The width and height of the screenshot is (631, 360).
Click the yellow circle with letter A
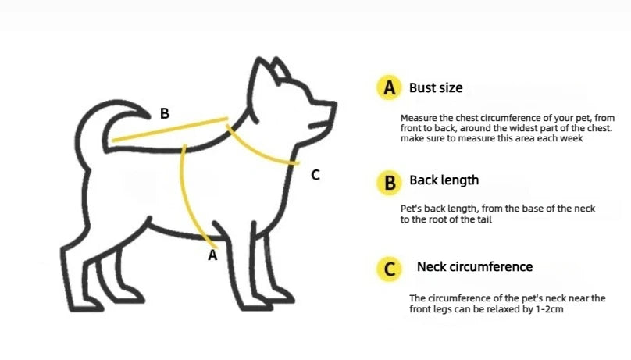(x=389, y=87)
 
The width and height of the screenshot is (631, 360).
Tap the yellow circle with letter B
(x=389, y=183)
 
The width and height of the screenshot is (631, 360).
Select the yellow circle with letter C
(x=389, y=269)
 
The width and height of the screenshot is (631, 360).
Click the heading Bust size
(x=436, y=87)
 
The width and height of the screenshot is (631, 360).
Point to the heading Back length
(x=444, y=180)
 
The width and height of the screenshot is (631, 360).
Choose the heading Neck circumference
(x=475, y=267)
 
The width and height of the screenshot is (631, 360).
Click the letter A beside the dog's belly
(x=212, y=255)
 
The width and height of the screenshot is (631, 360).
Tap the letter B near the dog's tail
(x=165, y=113)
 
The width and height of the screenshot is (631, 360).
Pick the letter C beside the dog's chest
(x=315, y=175)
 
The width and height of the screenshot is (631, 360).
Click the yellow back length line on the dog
(x=170, y=129)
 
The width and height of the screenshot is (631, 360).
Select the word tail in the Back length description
(x=484, y=219)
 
